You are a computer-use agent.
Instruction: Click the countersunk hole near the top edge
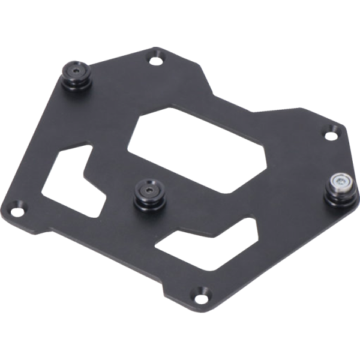157,59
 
